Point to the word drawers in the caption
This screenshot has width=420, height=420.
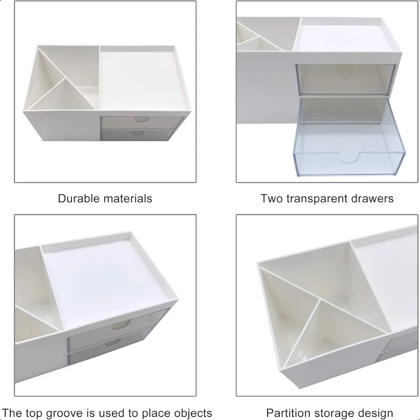pos(372,198)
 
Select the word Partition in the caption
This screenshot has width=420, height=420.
pos(286,413)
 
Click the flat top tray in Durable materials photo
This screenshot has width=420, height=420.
pos(140,79)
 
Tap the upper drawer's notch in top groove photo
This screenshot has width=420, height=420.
pos(122,325)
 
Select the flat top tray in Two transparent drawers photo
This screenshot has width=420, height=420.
pos(345,37)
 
